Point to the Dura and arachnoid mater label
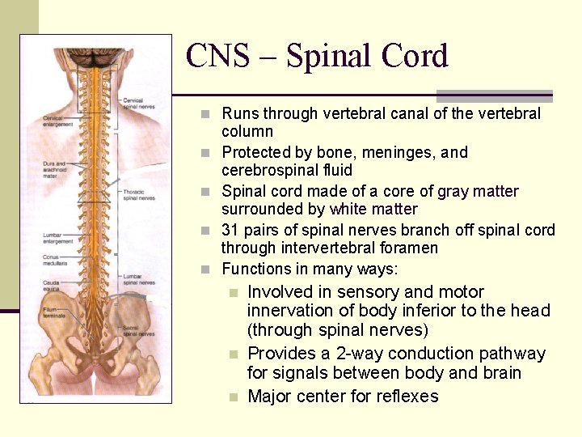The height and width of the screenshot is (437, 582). (55, 168)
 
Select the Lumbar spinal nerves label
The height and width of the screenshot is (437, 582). (138, 279)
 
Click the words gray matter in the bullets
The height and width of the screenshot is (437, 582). (478, 192)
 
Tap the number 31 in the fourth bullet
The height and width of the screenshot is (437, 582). (230, 231)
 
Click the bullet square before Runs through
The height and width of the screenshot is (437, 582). (207, 114)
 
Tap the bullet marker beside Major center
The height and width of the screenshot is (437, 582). (233, 397)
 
